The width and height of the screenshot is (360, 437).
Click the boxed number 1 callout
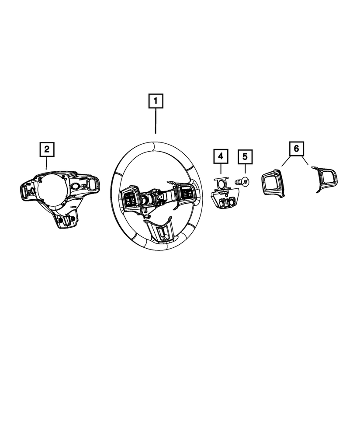156,102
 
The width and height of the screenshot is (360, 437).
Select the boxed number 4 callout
221,156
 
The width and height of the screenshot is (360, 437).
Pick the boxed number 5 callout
245,156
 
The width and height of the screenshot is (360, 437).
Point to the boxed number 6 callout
296,149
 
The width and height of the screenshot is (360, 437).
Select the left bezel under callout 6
273,183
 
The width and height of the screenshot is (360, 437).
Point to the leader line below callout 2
46,163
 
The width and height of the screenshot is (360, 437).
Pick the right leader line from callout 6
305,161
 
